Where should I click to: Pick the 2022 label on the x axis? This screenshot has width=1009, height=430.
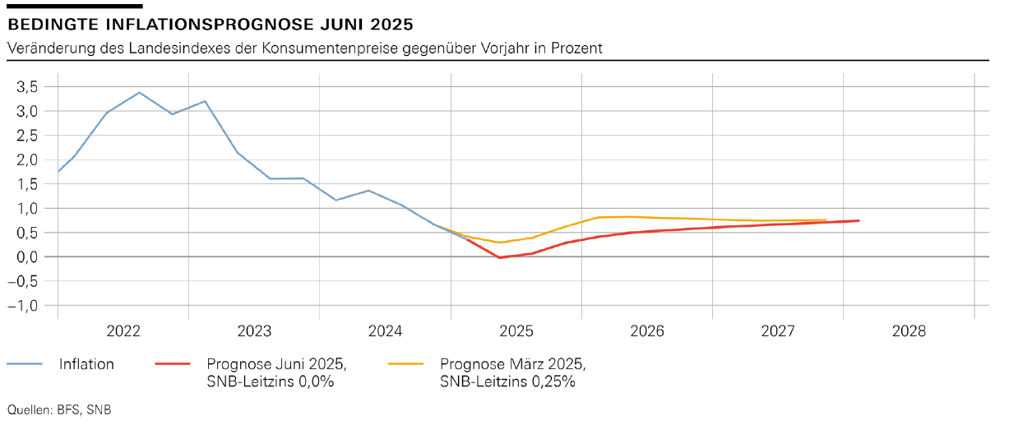(x=123, y=331)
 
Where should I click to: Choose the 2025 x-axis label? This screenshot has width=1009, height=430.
(x=516, y=331)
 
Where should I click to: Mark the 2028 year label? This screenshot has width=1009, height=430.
(x=909, y=331)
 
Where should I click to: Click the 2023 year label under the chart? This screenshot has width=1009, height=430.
(x=254, y=331)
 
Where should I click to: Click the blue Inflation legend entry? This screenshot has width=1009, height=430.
(x=86, y=364)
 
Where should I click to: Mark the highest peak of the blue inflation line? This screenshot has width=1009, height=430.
(x=139, y=92)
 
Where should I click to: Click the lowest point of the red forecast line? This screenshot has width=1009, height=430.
(x=499, y=257)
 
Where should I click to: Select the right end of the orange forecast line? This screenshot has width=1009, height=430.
(x=826, y=220)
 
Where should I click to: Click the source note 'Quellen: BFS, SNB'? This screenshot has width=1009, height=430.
(x=58, y=409)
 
